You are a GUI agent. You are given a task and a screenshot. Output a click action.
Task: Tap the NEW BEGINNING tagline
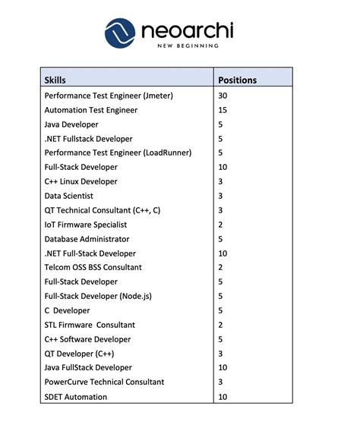187,46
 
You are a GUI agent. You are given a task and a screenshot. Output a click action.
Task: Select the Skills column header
55,80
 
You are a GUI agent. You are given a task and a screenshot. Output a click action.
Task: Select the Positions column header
237,80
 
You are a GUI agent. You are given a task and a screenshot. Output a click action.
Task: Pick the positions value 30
223,96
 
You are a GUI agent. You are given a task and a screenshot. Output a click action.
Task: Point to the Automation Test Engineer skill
90,110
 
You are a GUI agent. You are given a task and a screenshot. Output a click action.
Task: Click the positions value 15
223,110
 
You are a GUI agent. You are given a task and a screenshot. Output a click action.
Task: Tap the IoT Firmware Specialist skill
86,225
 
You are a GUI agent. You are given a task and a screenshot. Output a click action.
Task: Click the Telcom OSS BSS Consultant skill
93,267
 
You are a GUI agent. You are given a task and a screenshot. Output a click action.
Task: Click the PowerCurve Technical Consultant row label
105,382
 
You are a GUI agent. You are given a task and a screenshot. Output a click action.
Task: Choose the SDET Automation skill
76,397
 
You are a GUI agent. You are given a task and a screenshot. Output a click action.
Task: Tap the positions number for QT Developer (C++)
220,354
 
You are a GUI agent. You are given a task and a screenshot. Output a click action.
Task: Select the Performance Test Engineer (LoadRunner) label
118,153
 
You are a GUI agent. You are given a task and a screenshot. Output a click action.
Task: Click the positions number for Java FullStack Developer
223,368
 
